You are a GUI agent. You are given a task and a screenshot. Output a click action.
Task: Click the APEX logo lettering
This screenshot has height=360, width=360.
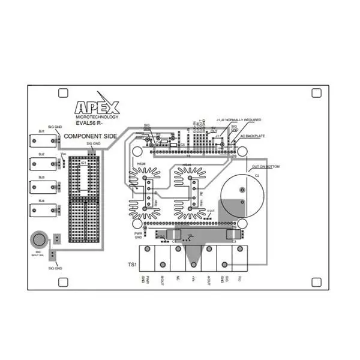(x=97, y=107)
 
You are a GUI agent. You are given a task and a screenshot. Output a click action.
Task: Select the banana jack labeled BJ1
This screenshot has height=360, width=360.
(x=43, y=142)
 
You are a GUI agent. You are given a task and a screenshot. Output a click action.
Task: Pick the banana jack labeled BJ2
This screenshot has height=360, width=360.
(x=43, y=164)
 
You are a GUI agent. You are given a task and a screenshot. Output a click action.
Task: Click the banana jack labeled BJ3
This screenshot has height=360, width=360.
(x=43, y=187)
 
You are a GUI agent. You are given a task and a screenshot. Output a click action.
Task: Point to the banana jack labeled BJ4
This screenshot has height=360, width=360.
(x=43, y=210)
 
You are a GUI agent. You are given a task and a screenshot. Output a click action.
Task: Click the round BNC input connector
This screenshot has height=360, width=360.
(x=39, y=239)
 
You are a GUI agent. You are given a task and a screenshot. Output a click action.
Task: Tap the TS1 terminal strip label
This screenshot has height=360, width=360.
(x=132, y=264)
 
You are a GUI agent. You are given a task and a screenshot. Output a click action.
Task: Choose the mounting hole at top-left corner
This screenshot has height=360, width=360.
(x=62, y=93)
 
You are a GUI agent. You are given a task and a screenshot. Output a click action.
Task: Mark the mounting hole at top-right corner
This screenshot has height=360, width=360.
(x=317, y=93)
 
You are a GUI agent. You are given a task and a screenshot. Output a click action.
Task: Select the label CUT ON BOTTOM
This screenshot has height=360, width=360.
(x=266, y=166)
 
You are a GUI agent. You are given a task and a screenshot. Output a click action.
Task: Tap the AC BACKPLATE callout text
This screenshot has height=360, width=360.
(x=253, y=136)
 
